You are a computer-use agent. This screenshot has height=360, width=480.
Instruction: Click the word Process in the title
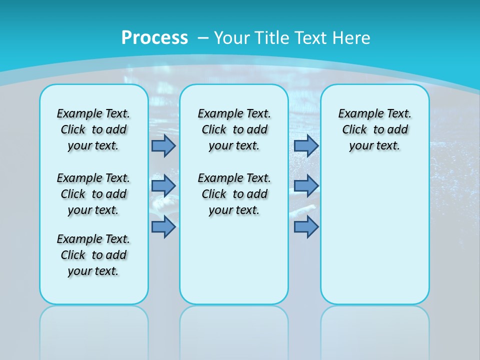coord(154,37)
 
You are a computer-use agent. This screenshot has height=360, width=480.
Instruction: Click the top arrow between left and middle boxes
coord(163,145)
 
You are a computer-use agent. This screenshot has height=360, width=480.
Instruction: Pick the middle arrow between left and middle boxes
coord(163,186)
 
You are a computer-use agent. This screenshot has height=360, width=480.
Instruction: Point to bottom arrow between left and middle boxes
coord(163,227)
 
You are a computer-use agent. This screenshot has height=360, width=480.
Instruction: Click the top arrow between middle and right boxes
coord(306,145)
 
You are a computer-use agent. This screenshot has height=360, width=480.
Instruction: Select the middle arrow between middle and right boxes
coord(306,186)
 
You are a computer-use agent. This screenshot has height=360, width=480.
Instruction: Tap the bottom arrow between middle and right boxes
coord(306,227)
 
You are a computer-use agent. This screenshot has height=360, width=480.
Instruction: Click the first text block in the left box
coord(93,129)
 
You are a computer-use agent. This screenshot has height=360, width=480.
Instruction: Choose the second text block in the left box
coord(93,194)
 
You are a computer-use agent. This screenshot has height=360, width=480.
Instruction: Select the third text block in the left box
coord(93,255)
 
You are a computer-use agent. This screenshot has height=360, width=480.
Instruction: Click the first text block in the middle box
coord(234,129)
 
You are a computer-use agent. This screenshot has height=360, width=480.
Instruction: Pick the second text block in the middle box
coord(234,194)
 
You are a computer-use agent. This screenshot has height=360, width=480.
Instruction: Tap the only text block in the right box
coord(374,129)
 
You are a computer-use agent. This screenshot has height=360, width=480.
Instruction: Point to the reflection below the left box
coord(94,330)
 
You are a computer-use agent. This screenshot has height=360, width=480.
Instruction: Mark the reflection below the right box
coord(375,330)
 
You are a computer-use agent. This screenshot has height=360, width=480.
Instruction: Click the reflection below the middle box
coord(234,330)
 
